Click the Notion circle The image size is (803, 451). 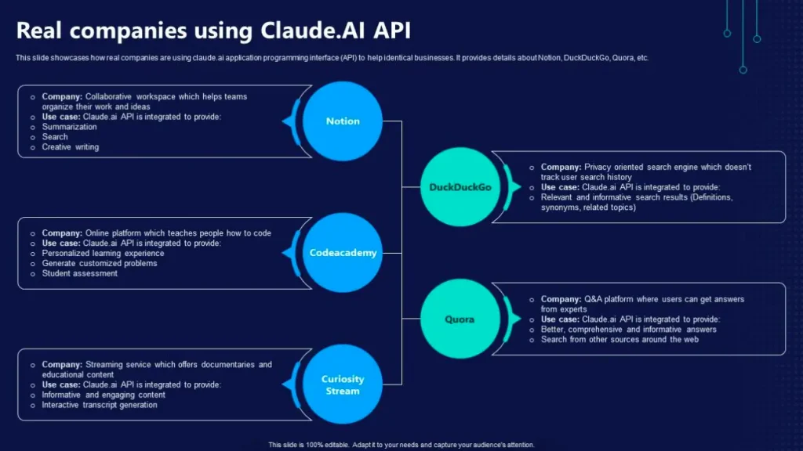[x=343, y=121]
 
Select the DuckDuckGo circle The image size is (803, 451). [x=460, y=187]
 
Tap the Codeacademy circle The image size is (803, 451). [x=343, y=253]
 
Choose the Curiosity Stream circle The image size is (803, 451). [x=343, y=385]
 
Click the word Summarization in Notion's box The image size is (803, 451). [x=70, y=127]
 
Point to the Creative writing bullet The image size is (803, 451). [x=71, y=147]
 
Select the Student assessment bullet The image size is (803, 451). [x=79, y=274]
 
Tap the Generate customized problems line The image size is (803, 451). [x=100, y=264]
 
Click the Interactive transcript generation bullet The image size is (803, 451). [x=100, y=406]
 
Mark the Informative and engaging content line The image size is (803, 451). [x=104, y=395]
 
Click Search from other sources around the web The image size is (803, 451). [x=620, y=340]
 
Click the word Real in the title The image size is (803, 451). [x=40, y=31]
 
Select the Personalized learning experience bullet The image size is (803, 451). [x=103, y=254]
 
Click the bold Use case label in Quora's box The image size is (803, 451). [x=560, y=319]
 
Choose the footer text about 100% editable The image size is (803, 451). [x=401, y=445]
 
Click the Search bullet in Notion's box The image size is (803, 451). [x=55, y=137]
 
